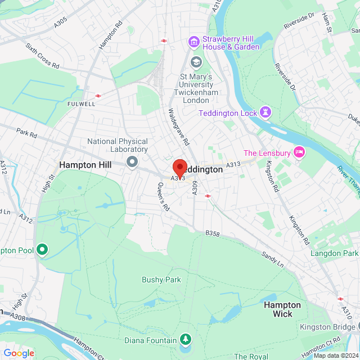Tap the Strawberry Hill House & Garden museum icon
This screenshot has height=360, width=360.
(194, 42)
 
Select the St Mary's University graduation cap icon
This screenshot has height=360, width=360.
(196, 61)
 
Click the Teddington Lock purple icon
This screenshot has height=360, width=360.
(265, 112)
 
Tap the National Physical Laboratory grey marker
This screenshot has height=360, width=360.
(133, 163)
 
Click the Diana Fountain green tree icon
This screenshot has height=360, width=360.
(184, 339)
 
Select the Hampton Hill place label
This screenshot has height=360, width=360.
(85, 165)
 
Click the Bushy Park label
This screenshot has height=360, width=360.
(161, 280)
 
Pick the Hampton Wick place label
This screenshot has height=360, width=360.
(282, 309)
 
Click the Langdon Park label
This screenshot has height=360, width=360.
(335, 253)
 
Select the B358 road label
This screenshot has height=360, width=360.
(211, 232)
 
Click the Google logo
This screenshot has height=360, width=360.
(19, 353)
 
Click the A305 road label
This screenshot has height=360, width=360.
(60, 22)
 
